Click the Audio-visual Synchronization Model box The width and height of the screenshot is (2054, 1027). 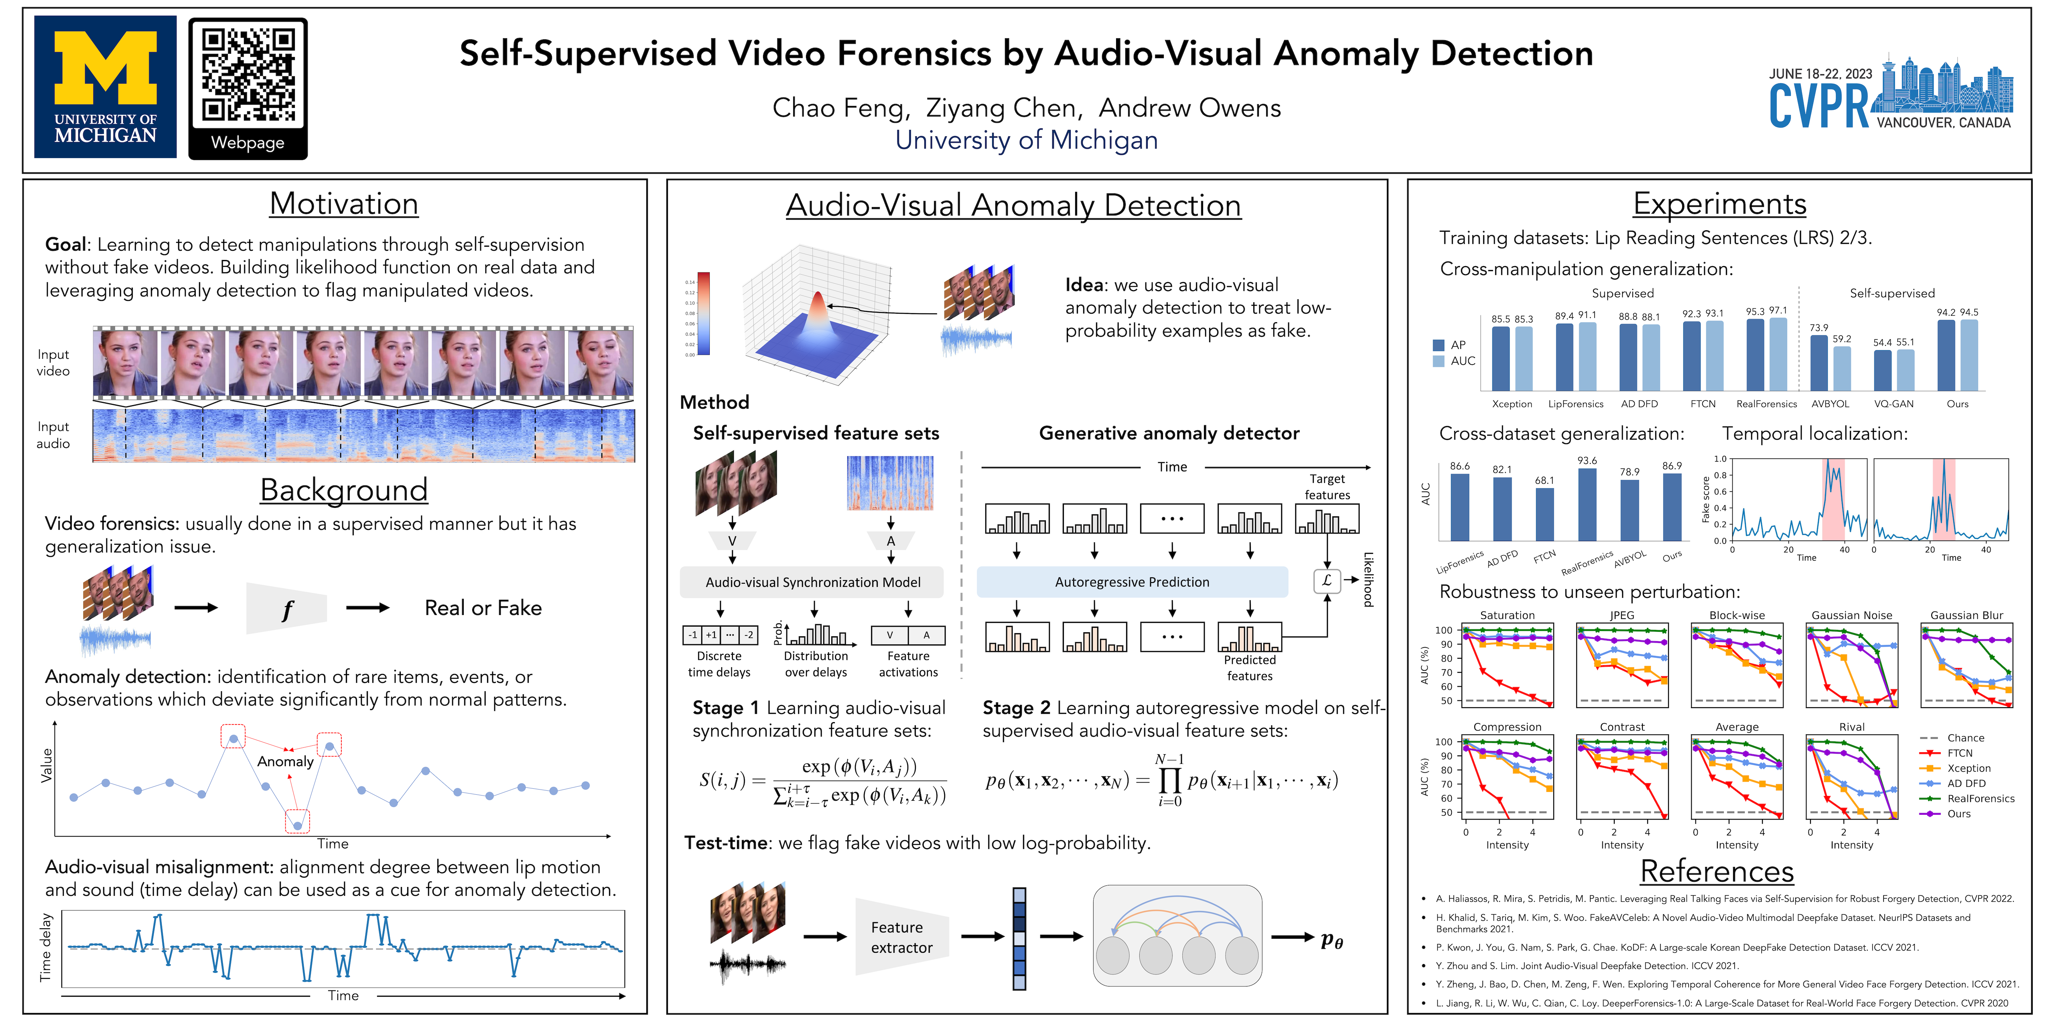(x=812, y=582)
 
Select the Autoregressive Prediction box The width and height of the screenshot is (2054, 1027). (x=1131, y=582)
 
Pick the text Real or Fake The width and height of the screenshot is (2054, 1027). (x=483, y=609)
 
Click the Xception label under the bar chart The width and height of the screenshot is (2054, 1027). (x=1512, y=404)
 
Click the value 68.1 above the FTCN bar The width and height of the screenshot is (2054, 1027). (x=1545, y=481)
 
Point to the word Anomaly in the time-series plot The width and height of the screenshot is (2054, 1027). (x=285, y=761)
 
